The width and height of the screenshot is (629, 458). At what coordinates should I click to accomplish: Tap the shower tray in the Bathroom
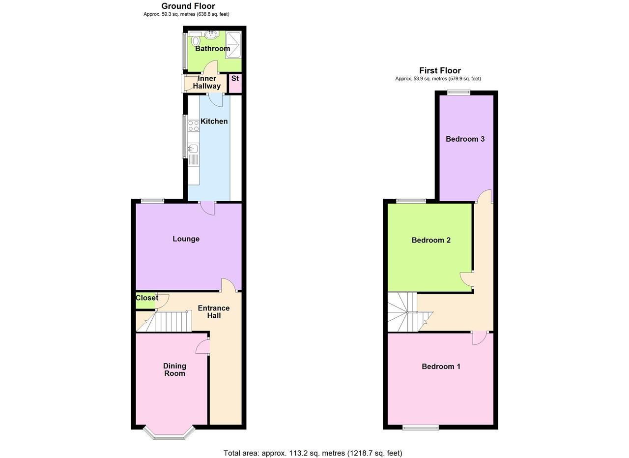tap(233, 45)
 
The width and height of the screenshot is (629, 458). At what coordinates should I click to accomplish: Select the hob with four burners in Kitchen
tap(193, 125)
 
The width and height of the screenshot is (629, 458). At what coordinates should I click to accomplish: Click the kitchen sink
tap(193, 148)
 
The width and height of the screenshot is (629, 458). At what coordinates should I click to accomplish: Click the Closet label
tap(147, 298)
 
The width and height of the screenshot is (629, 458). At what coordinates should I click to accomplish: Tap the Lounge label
tap(186, 239)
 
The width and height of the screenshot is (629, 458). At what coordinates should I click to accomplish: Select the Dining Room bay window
tap(169, 433)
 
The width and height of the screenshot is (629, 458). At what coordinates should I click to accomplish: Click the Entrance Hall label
tap(214, 312)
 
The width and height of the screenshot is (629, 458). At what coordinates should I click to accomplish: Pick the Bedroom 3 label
tap(465, 139)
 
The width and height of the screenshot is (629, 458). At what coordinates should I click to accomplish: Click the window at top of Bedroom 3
tap(458, 92)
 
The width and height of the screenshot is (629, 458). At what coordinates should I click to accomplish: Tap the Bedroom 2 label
tap(431, 241)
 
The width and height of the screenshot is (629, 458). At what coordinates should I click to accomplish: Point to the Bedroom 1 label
tap(441, 366)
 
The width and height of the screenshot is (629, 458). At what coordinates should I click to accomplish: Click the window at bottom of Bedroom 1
tap(420, 428)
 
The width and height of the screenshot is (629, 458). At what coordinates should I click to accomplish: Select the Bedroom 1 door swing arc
tap(479, 339)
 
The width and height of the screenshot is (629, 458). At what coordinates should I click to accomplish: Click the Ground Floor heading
tap(188, 6)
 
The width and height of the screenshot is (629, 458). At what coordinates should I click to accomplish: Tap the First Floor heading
tap(440, 71)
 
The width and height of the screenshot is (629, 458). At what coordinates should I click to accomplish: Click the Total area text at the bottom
tap(313, 453)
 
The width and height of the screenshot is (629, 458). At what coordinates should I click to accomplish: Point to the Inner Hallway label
tap(207, 82)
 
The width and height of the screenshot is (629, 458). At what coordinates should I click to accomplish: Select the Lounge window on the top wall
tap(152, 200)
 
